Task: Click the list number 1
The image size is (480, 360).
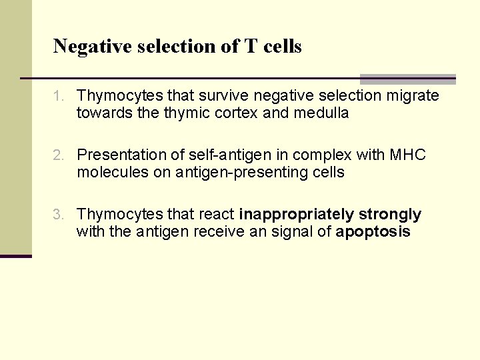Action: [58, 97]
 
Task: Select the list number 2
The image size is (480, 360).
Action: [58, 155]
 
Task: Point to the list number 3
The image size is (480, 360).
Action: [58, 215]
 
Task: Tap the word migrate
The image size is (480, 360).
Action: [413, 96]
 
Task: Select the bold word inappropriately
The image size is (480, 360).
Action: [297, 215]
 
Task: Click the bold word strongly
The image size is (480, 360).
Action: [390, 215]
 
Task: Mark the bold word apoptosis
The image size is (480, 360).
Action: [373, 233]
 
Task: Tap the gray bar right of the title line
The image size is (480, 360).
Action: [407, 79]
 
